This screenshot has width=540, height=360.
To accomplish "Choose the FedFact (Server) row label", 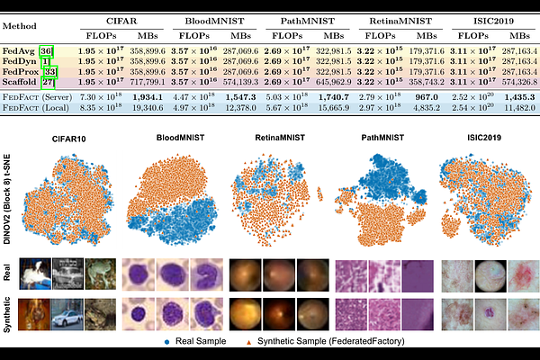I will point(40,95).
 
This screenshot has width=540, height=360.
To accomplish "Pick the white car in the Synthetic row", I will point(67,319).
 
